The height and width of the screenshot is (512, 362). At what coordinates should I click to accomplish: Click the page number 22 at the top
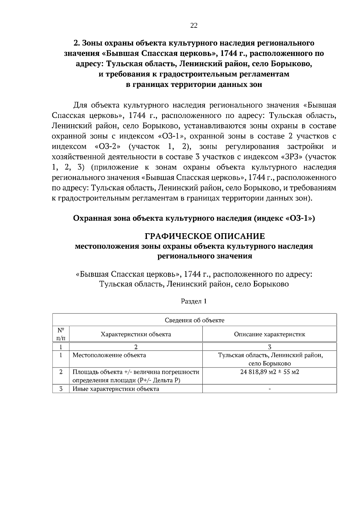[194, 26]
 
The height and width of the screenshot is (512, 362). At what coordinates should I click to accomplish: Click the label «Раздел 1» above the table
[194, 301]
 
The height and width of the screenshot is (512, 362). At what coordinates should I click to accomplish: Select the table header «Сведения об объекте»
[194, 320]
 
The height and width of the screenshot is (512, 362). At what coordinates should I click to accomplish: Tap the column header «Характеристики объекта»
[136, 334]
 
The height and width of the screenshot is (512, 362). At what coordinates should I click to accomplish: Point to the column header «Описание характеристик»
[269, 334]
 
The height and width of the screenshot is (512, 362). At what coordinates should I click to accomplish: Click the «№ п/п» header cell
[61, 334]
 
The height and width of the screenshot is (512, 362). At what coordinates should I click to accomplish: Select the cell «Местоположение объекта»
[109, 355]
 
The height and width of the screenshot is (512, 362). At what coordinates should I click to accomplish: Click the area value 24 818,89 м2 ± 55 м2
[269, 372]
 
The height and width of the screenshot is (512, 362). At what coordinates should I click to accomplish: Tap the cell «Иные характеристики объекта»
[116, 389]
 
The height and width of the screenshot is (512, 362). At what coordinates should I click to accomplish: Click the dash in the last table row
[269, 389]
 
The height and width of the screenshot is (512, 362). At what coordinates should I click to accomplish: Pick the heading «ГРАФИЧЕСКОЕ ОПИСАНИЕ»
[205, 236]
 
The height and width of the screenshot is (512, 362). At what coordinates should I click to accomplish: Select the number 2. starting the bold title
[77, 43]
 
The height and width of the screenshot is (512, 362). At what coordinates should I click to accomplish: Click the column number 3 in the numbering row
[269, 347]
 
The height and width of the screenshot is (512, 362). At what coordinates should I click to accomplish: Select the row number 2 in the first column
[61, 372]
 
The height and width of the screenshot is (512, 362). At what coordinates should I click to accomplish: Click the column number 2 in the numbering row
[136, 347]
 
